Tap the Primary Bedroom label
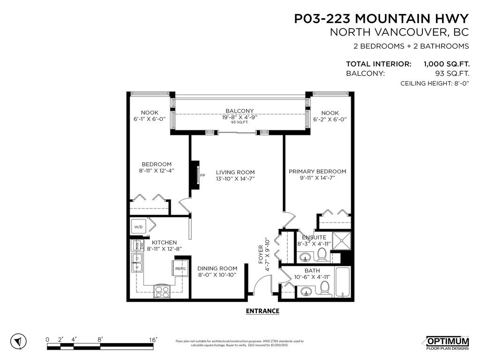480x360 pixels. coord(317,172)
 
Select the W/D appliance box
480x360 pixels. coord(139,227)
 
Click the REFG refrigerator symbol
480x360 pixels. coord(180,269)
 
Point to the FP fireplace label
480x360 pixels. coord(202,175)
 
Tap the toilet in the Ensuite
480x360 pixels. coord(322,255)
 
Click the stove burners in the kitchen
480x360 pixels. coord(162,292)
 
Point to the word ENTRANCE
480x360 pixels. coord(262,311)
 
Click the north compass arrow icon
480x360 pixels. coord(19,341)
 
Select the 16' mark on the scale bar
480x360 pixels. coord(153,339)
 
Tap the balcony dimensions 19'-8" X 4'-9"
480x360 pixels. coord(240,117)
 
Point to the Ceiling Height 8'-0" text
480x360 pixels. coord(434,83)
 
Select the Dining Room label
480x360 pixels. coord(214,269)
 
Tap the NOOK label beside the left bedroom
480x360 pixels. coord(150,112)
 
